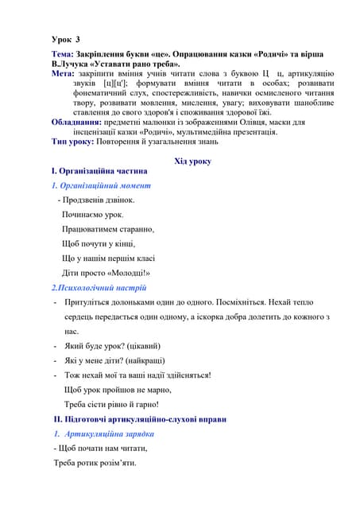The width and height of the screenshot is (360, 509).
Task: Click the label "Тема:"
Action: (65, 52)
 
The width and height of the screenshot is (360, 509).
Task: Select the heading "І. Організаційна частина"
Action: (99, 171)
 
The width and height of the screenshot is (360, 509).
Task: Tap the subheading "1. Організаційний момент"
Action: (102, 185)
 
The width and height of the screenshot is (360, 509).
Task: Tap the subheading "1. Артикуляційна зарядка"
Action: (106, 433)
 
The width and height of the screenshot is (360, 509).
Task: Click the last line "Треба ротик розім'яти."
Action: (95, 463)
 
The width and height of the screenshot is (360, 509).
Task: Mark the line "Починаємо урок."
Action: (92, 215)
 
